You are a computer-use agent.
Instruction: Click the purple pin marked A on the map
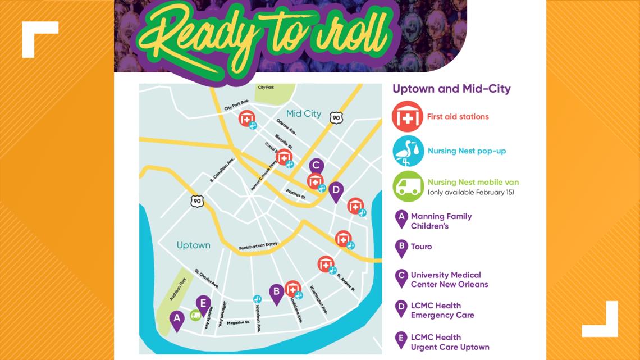click(177, 320)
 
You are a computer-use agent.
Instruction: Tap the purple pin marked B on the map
click(276, 293)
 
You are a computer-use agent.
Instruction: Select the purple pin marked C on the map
click(316, 166)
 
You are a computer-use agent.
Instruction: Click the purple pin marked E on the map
click(203, 304)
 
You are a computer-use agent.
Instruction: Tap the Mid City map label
click(304, 114)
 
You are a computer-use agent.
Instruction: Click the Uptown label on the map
click(193, 245)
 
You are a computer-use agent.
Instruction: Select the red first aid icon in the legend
click(408, 116)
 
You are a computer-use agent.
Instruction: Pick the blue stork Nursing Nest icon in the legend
click(408, 151)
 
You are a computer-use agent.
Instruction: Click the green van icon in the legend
click(408, 186)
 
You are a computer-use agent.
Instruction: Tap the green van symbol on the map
click(195, 316)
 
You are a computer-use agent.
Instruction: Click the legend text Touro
click(421, 247)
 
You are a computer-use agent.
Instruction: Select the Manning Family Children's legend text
click(441, 221)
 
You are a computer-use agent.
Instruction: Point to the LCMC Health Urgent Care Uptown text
click(450, 342)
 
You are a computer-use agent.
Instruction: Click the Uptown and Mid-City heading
click(451, 89)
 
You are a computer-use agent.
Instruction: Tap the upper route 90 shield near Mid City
click(336, 117)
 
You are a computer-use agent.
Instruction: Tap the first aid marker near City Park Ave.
click(245, 119)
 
